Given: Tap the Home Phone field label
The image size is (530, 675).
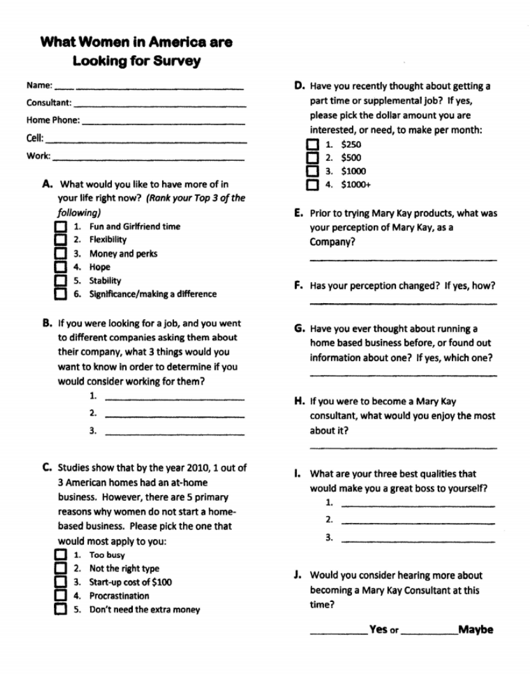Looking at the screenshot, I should (x=53, y=120).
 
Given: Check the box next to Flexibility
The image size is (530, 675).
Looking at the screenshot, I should (x=60, y=240).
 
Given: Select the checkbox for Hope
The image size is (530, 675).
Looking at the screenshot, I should (x=60, y=268).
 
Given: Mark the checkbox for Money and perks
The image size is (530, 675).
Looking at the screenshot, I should (x=60, y=254).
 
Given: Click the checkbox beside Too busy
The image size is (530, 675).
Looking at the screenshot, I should (x=60, y=556).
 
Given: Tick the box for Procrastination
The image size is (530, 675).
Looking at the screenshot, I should (x=60, y=596).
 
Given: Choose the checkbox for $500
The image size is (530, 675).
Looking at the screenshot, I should (x=312, y=158).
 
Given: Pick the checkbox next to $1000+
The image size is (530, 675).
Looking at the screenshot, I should (x=312, y=186).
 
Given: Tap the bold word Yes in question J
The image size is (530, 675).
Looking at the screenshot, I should (x=378, y=630).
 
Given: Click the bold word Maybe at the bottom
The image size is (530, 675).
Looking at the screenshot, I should (x=475, y=630).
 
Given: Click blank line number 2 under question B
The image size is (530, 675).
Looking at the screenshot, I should (x=174, y=417).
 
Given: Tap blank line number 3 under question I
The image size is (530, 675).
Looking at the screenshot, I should (x=418, y=542).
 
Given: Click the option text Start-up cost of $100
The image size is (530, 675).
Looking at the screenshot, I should (x=130, y=582).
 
